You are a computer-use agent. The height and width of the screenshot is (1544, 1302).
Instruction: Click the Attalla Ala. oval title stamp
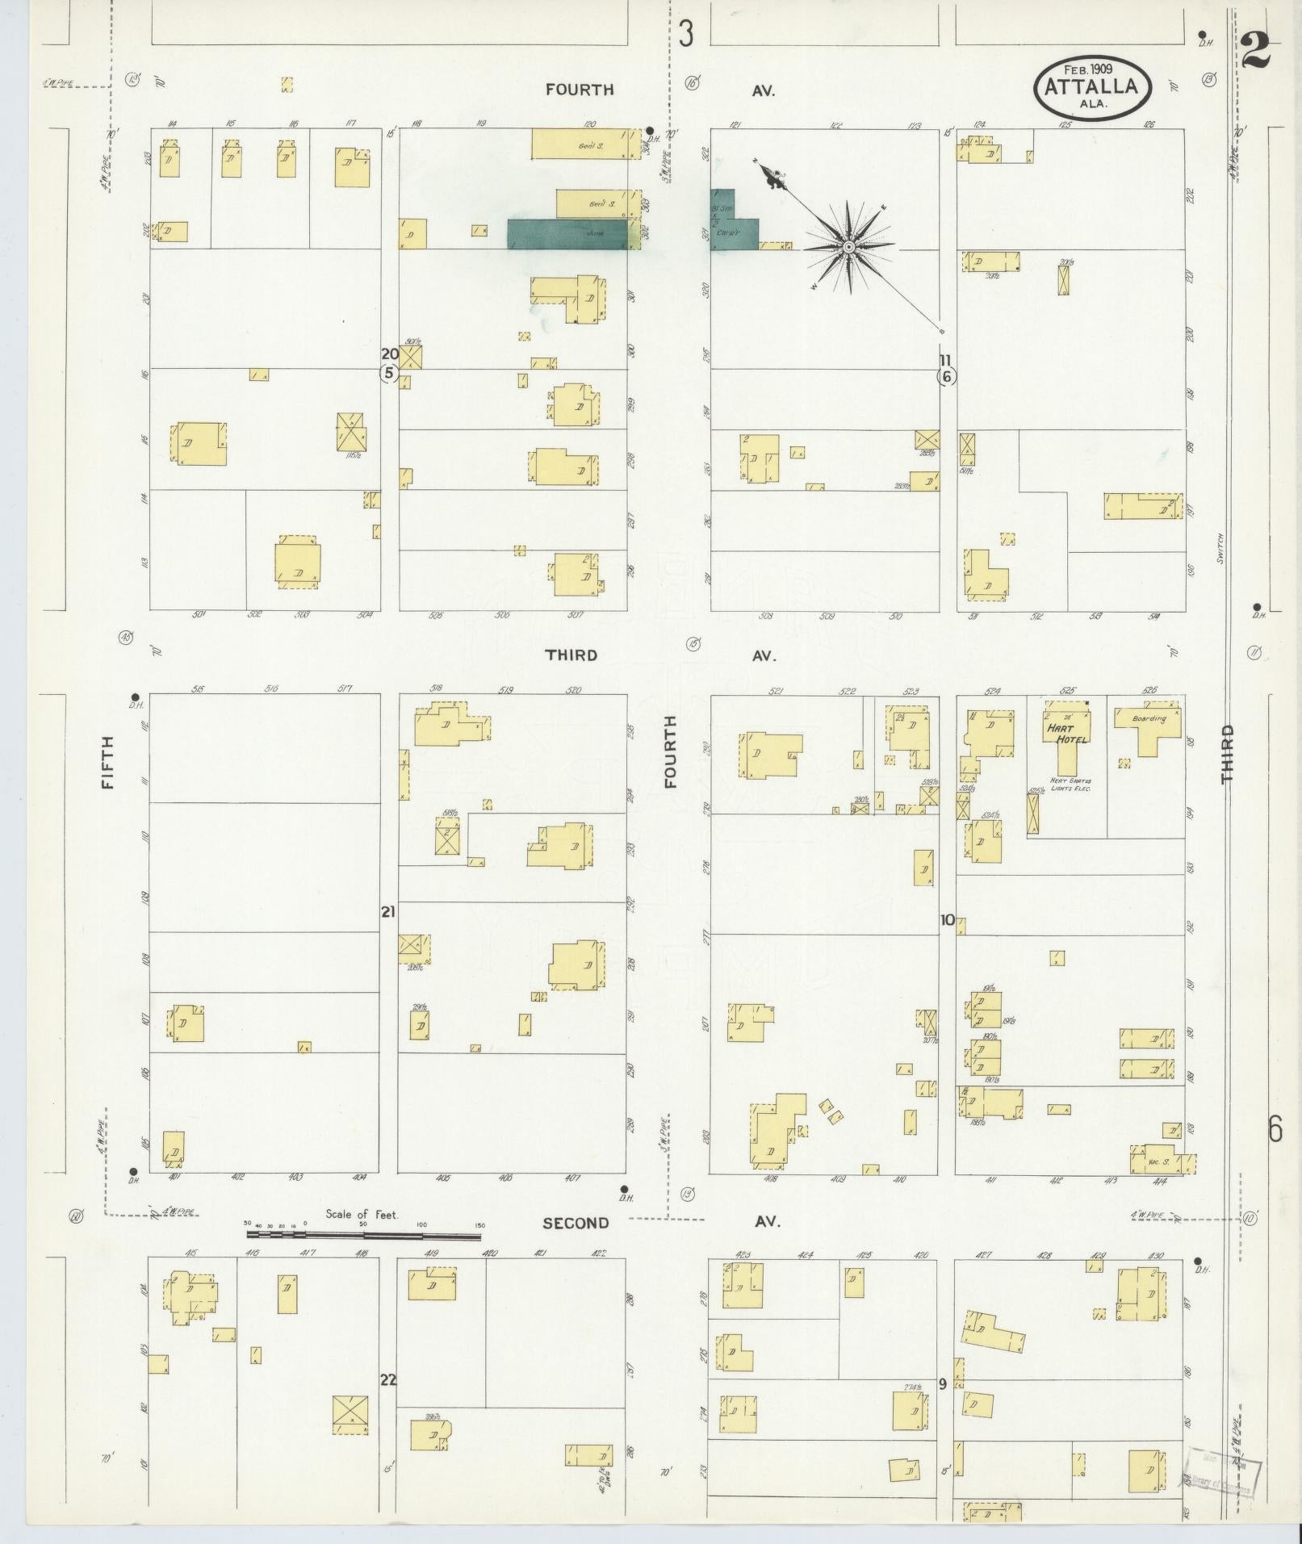pos(1092,88)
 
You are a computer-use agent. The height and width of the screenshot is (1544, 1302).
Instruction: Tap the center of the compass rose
pos(849,246)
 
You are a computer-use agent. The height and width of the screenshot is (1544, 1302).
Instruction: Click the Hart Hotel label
pos(1067,733)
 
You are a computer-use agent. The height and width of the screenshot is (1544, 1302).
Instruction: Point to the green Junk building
pos(567,234)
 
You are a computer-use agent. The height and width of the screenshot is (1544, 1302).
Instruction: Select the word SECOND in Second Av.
pos(576,1245)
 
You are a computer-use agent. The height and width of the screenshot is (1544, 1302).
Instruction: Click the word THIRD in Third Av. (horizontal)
pos(571,655)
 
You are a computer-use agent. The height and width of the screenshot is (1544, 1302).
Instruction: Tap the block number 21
pos(388,912)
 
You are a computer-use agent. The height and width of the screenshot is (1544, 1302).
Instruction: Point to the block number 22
pos(388,1379)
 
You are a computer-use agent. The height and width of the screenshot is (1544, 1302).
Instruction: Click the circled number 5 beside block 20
pos(389,373)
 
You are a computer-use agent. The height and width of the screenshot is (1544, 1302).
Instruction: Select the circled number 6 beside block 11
pos(947,376)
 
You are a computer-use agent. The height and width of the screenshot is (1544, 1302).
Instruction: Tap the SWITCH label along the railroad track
pos(1220,548)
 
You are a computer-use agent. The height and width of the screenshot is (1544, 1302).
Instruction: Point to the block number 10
pos(947,920)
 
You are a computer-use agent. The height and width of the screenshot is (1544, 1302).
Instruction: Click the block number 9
pos(942,1383)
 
